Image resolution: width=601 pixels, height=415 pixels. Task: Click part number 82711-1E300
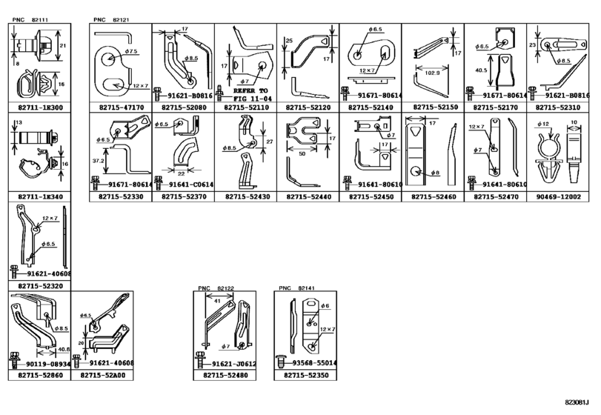point(37,107)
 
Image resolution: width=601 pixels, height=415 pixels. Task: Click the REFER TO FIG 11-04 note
point(244,93)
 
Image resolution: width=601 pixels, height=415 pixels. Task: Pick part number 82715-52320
point(37,285)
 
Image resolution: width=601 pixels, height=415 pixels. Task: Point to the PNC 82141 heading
point(297,288)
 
